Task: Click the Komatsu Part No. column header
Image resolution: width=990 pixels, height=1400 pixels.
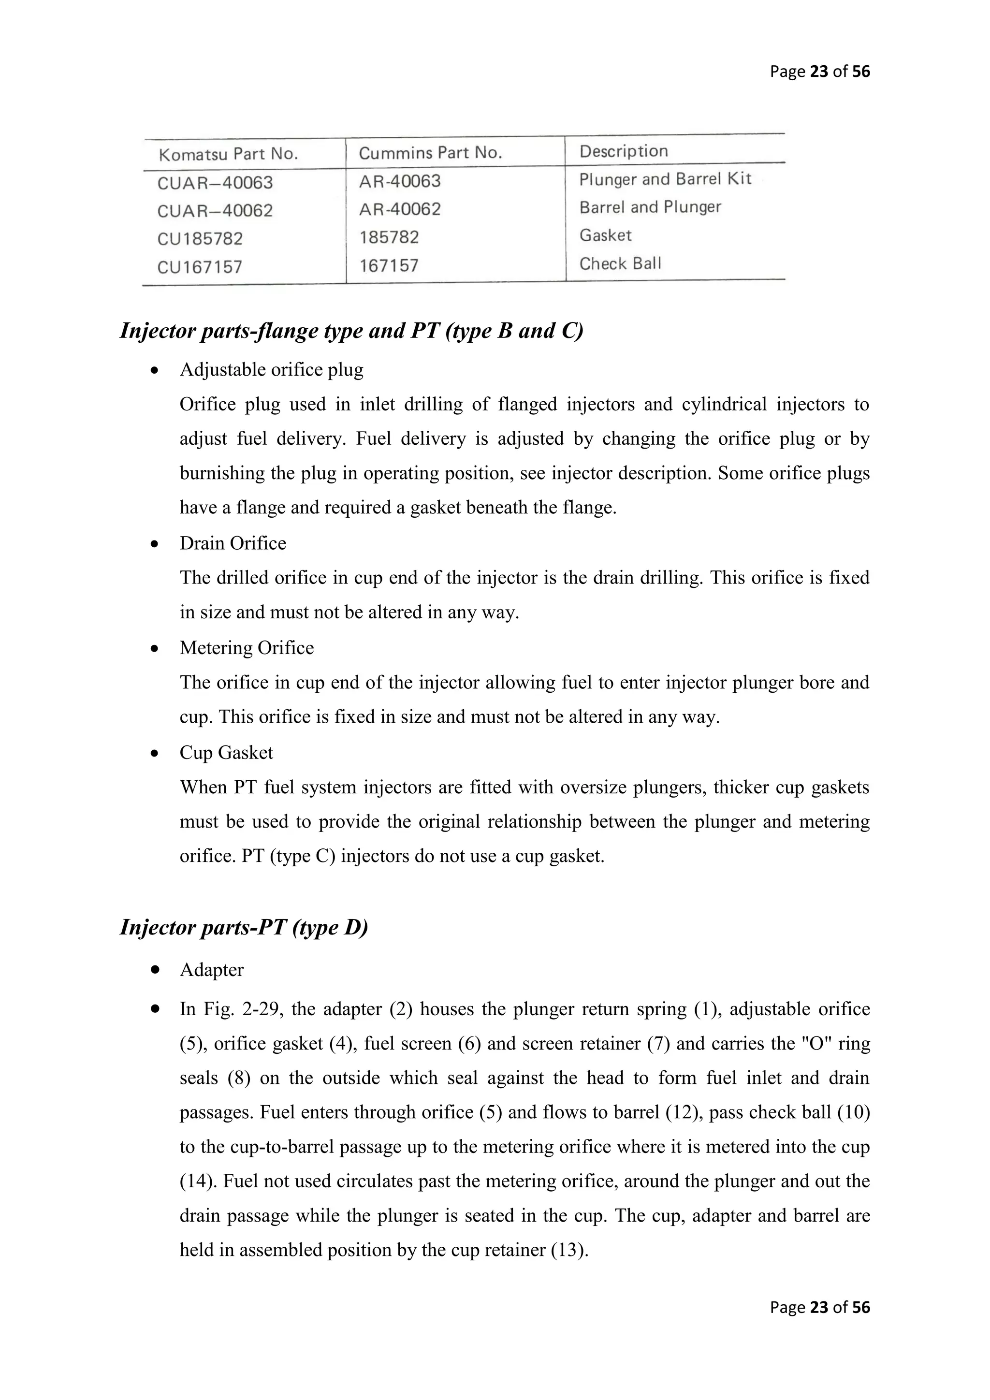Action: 228,154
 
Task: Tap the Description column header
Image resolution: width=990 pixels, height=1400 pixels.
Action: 623,151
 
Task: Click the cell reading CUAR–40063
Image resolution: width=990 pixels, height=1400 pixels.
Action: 215,183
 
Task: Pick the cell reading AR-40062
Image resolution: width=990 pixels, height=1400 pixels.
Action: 399,209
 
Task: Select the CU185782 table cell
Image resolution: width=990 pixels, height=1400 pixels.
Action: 200,239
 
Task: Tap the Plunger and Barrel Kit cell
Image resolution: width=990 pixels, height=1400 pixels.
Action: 665,179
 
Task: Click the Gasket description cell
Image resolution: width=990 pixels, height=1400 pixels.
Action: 605,235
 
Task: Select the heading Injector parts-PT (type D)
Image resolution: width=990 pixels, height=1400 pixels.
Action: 244,927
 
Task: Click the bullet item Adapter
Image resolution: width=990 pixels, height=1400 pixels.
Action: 212,970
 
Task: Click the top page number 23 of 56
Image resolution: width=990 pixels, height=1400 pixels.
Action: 819,72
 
